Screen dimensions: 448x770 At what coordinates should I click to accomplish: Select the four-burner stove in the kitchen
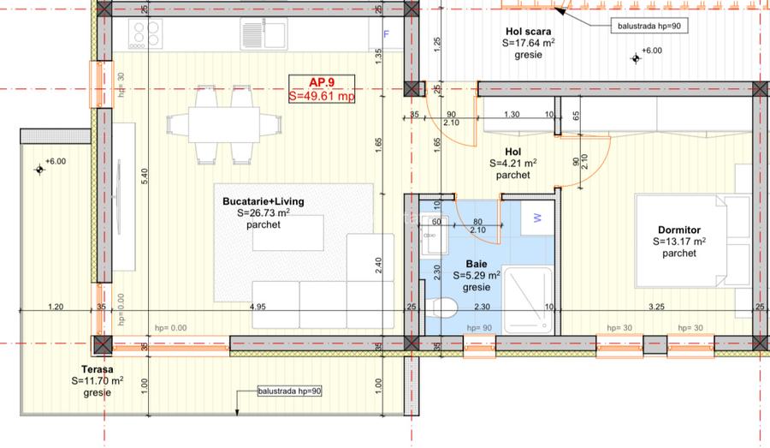[145, 34]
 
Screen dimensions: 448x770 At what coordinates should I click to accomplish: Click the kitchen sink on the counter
[275, 34]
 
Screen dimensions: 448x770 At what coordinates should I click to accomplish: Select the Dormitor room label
[679, 230]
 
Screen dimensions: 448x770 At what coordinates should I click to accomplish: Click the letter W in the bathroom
[537, 218]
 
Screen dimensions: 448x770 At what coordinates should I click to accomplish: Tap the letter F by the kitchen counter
[386, 35]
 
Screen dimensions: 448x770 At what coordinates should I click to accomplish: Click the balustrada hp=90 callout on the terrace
[288, 392]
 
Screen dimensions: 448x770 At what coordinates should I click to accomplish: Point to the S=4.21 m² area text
[513, 163]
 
